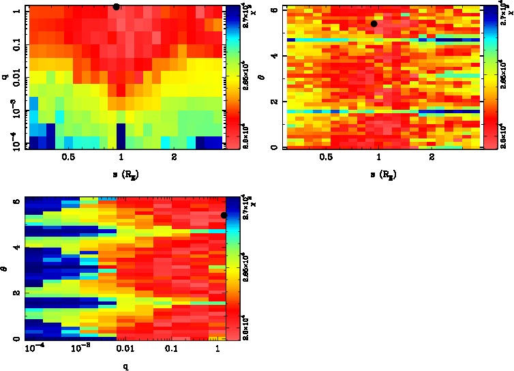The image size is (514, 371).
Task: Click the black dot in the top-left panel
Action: [117, 7]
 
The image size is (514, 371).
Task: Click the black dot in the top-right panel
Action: [374, 24]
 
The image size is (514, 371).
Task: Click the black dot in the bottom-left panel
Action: [224, 216]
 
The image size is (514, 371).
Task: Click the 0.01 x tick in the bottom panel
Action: [125, 349]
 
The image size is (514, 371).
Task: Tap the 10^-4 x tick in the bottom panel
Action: [34, 348]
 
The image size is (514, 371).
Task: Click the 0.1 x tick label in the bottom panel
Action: [171, 349]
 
